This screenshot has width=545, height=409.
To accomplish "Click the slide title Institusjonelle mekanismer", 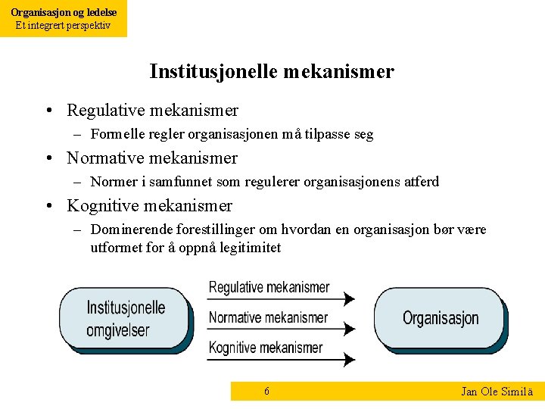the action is (x=272, y=71).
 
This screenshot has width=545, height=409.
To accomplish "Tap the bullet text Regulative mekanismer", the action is (x=152, y=111).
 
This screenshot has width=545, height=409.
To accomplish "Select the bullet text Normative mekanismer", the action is (x=152, y=158).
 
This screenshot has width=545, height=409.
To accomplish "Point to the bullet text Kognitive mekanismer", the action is (x=149, y=206).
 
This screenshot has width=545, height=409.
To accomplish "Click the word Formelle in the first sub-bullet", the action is (x=113, y=135).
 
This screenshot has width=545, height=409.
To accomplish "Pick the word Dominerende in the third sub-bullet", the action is (x=125, y=229).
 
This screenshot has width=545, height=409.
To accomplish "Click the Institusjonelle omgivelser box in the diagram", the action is (x=125, y=319).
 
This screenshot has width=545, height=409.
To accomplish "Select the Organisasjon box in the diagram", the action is (x=441, y=318).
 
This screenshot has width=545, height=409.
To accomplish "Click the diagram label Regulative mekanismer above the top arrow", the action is (x=269, y=287).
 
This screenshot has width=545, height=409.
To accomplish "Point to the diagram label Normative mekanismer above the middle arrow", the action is (x=268, y=317).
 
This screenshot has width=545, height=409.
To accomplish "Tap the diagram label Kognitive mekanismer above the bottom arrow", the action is (x=266, y=348).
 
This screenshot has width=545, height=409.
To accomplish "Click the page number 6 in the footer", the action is (x=266, y=391).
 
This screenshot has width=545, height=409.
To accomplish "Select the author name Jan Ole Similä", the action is (x=497, y=392).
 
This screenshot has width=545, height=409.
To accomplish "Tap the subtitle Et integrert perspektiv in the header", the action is (x=64, y=25).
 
